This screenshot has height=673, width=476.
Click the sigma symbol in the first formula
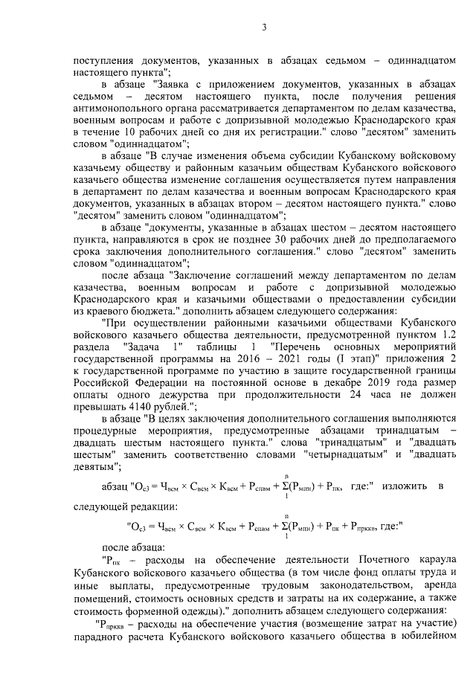[284, 488]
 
